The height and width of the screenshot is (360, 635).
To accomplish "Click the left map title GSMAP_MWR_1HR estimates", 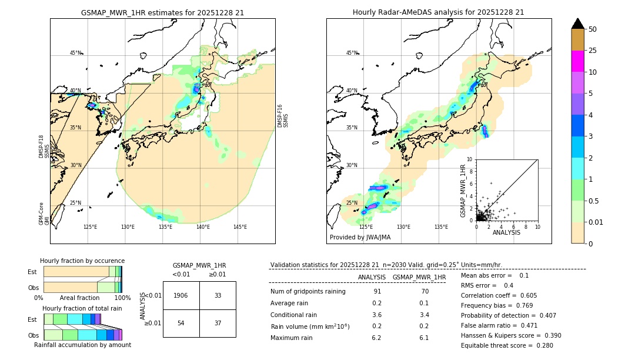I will point(162,12).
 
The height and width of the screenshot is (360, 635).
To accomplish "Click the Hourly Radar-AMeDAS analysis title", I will point(438,12).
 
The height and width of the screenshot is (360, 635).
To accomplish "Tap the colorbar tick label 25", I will point(593,51).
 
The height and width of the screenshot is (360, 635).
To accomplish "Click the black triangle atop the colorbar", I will point(578,24).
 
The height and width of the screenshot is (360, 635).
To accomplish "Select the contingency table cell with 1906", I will point(181,295).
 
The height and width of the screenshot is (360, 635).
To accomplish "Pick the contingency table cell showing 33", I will point(218,295).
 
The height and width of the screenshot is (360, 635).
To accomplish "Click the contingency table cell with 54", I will point(181,324).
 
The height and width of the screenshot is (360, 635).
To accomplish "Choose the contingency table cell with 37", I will point(218,324).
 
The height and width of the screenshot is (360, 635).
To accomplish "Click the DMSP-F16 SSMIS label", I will point(283,116).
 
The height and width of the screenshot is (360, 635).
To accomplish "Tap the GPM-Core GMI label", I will point(44,214).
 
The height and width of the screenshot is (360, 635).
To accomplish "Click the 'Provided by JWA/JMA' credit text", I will point(360,237).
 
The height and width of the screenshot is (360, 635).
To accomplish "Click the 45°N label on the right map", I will point(352,53).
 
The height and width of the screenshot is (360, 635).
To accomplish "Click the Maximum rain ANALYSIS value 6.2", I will point(376,338).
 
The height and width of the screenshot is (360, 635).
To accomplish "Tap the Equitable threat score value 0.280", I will point(541,345).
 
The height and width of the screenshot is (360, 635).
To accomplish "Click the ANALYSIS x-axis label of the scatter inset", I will point(506,232).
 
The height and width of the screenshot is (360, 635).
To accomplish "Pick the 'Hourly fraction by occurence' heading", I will point(82,261).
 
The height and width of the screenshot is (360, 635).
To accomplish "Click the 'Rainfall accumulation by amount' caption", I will point(82,345).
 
